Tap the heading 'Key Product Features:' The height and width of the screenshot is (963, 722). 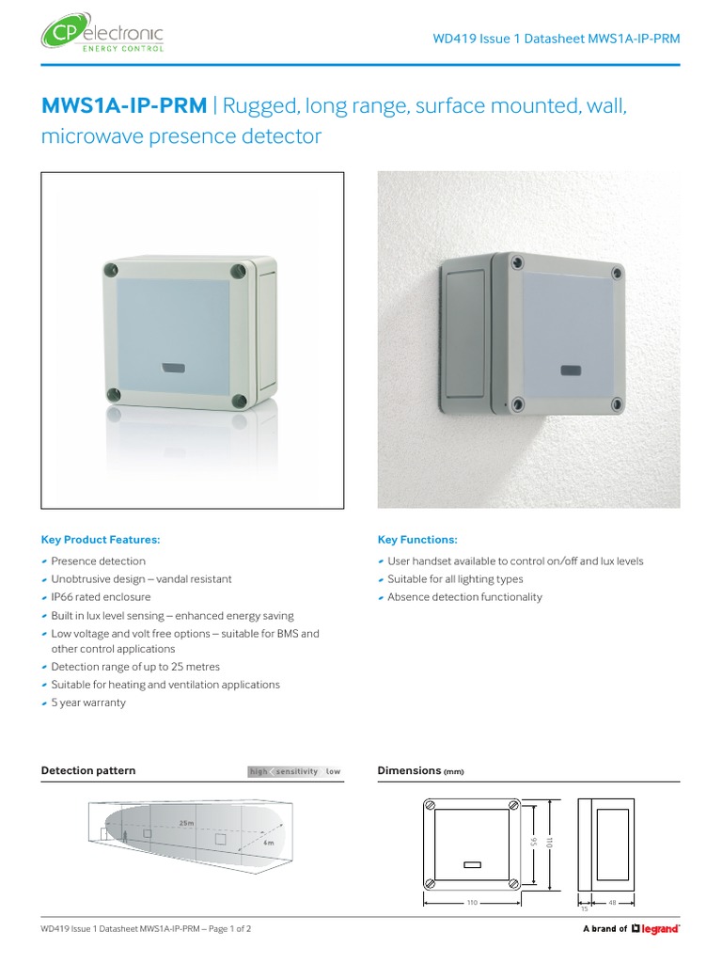pos(101,540)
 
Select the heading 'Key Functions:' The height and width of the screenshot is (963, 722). pos(417,540)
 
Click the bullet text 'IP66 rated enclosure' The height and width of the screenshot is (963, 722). pos(101,597)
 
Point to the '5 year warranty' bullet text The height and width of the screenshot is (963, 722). pos(87,703)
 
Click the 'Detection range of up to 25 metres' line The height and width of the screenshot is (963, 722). pos(135,667)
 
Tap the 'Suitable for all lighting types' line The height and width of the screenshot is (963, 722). pos(455,579)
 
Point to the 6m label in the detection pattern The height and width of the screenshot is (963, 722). pos(268,844)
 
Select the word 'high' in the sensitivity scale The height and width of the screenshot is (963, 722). pos(258,772)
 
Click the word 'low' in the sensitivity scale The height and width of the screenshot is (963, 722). pos(333,772)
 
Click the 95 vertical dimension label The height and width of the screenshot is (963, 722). pos(533,843)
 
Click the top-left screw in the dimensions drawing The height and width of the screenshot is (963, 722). pos(432,805)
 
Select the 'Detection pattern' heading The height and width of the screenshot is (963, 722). pos(88,771)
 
